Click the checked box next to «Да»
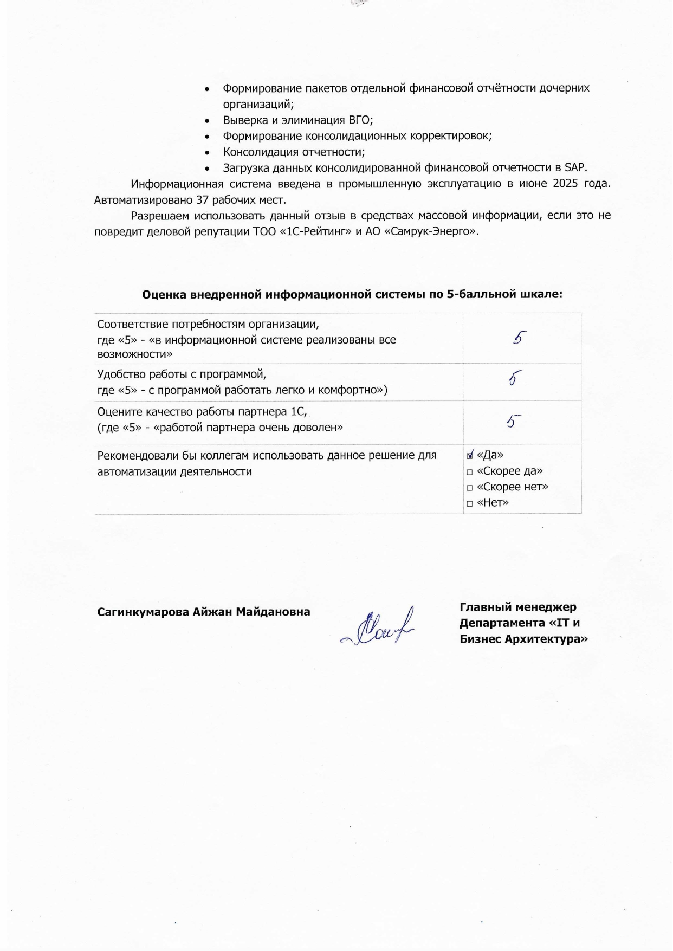(470, 455)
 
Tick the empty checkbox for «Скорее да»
(470, 472)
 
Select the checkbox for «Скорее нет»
(470, 488)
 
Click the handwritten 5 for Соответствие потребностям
(519, 338)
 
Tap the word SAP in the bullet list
(575, 167)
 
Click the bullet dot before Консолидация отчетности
(208, 153)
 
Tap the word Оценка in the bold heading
(164, 294)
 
